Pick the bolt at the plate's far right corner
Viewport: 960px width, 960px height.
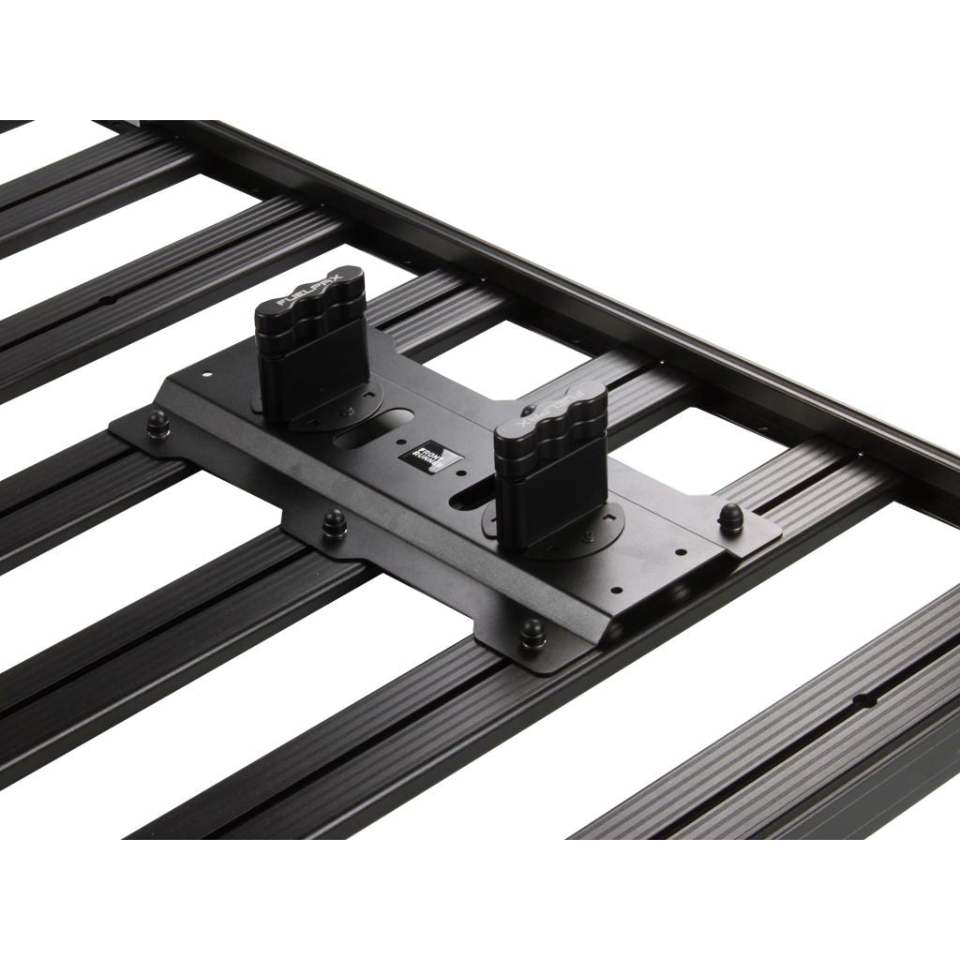point(730,517)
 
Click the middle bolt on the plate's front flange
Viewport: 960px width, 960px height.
point(334,524)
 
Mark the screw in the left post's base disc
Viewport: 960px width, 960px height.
point(349,411)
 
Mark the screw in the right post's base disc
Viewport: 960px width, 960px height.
point(589,535)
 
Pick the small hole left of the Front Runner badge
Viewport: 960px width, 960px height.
point(403,443)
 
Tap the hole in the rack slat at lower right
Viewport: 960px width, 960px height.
point(868,698)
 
